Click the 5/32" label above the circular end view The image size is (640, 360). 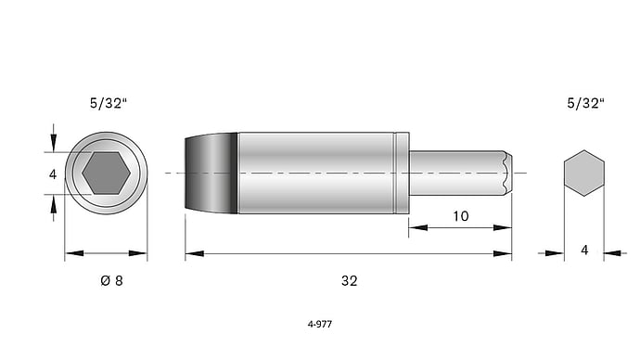click(109, 103)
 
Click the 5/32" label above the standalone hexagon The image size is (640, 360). click(585, 103)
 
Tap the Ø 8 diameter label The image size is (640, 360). click(111, 281)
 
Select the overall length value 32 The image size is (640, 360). click(350, 281)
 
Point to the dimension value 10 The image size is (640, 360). click(461, 216)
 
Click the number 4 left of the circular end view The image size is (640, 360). click(53, 174)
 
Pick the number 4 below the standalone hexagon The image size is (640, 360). click(584, 251)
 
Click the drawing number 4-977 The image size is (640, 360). click(320, 324)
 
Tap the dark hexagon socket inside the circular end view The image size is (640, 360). click(106, 174)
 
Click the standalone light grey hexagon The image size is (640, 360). click(584, 174)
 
